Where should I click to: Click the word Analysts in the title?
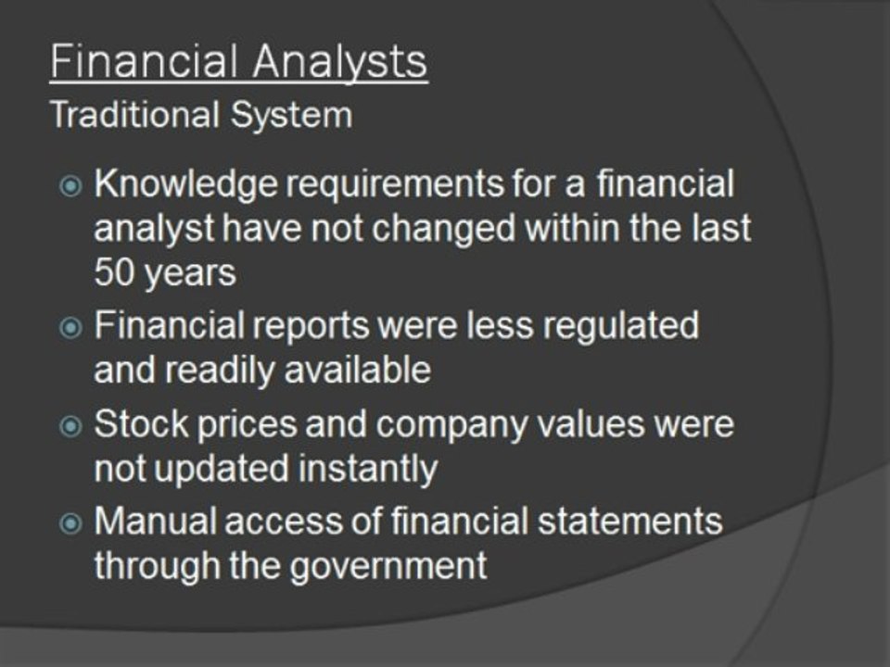(339, 62)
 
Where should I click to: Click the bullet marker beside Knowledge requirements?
(70, 186)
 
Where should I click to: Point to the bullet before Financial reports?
(70, 328)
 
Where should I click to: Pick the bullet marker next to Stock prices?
(70, 426)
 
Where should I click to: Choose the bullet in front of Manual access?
(70, 523)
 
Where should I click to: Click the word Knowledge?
(186, 185)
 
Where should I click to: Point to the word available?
(357, 370)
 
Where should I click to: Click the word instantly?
(368, 471)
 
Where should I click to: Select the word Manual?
(156, 522)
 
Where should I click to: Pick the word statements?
(630, 522)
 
